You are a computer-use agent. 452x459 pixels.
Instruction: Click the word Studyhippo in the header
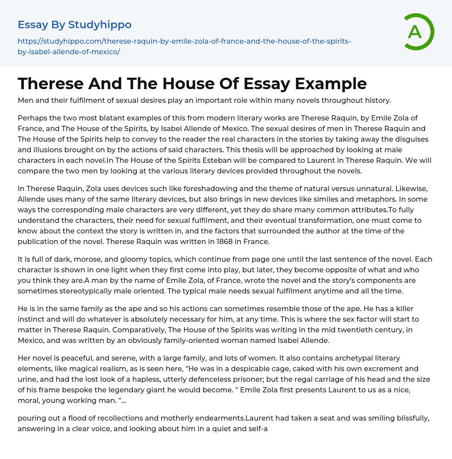coord(100,25)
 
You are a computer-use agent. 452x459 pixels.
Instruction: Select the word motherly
coord(178,418)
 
